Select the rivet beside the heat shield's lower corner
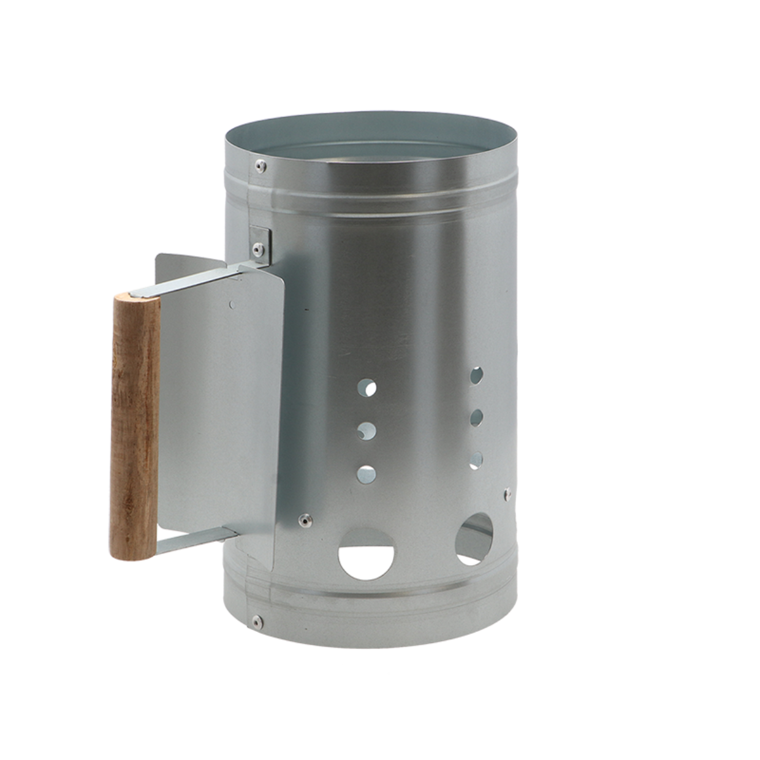click(302, 520)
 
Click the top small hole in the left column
click(367, 388)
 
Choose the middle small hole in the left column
click(366, 431)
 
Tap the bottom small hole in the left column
click(367, 473)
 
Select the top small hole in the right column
click(476, 376)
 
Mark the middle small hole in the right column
click(476, 417)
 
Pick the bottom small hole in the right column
click(476, 458)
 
